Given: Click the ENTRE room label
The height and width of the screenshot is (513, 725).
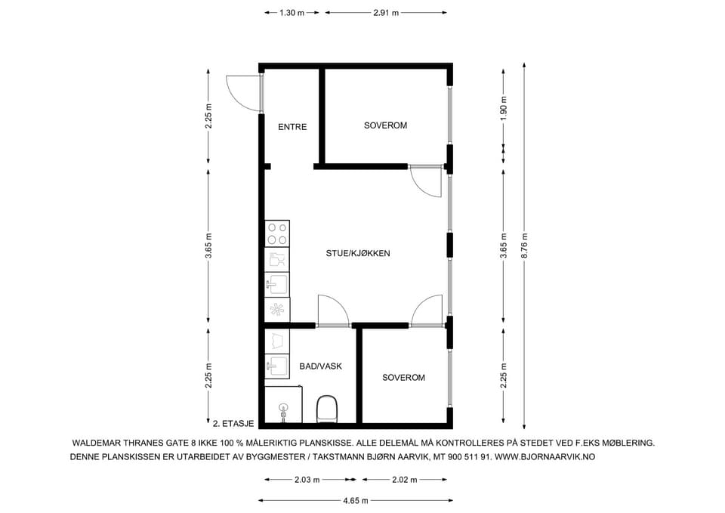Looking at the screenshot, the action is pyautogui.click(x=292, y=127).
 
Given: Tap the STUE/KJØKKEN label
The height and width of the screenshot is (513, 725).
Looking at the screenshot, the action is pyautogui.click(x=358, y=253).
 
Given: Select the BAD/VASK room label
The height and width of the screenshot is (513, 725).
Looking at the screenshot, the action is pyautogui.click(x=320, y=366).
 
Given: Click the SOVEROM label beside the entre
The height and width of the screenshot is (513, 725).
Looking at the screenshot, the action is pyautogui.click(x=385, y=125).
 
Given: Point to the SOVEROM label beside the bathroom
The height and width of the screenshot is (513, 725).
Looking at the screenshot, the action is pyautogui.click(x=403, y=378).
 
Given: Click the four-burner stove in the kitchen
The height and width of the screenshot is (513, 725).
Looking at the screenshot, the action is pyautogui.click(x=277, y=233).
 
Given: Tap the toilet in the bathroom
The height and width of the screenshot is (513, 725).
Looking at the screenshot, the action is pyautogui.click(x=327, y=409).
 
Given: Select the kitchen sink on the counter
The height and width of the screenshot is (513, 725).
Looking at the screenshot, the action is pyautogui.click(x=277, y=284).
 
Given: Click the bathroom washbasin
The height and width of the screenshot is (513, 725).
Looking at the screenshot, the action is pyautogui.click(x=277, y=366).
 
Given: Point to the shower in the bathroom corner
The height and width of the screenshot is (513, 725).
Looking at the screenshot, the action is pyautogui.click(x=283, y=405).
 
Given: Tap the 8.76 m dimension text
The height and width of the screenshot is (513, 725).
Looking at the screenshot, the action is pyautogui.click(x=524, y=246).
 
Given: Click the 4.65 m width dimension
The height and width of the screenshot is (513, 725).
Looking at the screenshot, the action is pyautogui.click(x=356, y=500).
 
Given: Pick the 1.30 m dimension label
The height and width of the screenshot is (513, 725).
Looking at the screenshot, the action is pyautogui.click(x=292, y=13).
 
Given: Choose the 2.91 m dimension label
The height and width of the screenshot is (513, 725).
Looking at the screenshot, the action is pyautogui.click(x=386, y=13).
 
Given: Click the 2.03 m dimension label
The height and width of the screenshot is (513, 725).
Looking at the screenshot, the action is pyautogui.click(x=307, y=480).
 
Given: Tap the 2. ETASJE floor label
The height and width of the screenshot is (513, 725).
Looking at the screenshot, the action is pyautogui.click(x=233, y=423).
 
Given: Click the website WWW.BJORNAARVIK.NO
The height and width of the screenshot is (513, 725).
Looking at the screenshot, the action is pyautogui.click(x=545, y=457).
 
